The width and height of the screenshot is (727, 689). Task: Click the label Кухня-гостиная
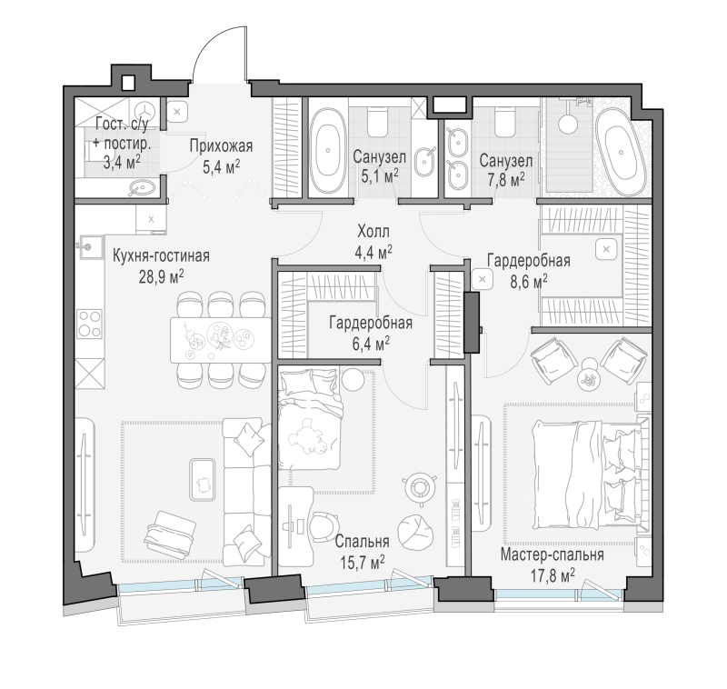[x=162, y=256]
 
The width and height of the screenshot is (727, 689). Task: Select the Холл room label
[x=373, y=231]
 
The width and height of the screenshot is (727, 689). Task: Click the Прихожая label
[x=221, y=146]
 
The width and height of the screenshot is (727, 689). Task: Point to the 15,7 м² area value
[x=363, y=563]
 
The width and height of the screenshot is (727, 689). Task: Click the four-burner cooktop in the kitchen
[x=89, y=324]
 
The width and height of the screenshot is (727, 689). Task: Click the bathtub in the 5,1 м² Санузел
[x=328, y=150]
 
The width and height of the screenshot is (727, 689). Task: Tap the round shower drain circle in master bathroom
[x=567, y=124]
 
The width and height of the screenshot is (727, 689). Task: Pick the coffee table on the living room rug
[x=203, y=480]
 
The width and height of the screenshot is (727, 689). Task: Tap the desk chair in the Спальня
[x=325, y=526]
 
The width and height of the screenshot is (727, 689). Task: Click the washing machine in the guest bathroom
[x=144, y=111]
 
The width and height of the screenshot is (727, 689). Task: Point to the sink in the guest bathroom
[x=142, y=187]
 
